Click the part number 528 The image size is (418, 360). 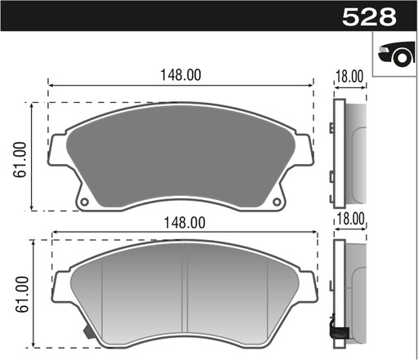tap(370, 16)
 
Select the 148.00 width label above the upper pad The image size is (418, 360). tap(180, 74)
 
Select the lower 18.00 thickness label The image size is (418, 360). tap(349, 220)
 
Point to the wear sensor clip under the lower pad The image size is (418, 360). tap(88, 332)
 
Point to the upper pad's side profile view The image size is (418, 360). tap(346, 155)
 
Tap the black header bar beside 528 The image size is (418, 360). tap(163, 16)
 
